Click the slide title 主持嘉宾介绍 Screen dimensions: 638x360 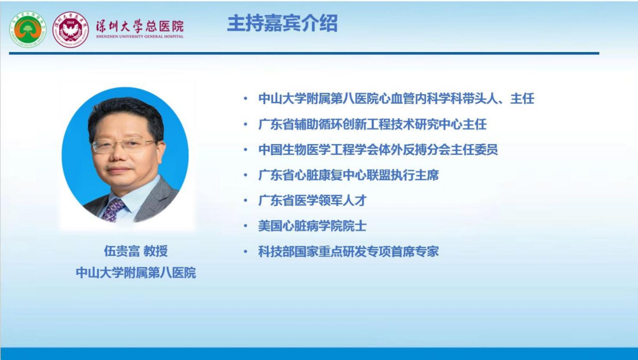[282, 23]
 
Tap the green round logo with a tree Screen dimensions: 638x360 [27, 29]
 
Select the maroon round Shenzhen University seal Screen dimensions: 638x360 [70, 29]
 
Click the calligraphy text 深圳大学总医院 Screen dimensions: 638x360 [139, 26]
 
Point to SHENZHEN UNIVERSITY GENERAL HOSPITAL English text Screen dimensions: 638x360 [139, 36]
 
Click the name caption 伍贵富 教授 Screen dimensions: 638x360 [135, 251]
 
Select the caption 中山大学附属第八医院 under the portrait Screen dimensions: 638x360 [135, 272]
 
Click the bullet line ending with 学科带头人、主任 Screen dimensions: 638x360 [396, 98]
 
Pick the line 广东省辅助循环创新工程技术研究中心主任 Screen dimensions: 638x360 [372, 124]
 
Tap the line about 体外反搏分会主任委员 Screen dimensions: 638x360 [378, 150]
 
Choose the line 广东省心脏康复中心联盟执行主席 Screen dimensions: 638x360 [348, 175]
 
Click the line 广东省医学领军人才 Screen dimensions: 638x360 [312, 200]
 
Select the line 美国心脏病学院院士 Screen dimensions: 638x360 [312, 226]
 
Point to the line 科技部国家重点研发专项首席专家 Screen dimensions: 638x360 [348, 251]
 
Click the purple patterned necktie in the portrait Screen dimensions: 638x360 [113, 209]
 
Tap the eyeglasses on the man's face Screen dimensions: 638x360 [125, 145]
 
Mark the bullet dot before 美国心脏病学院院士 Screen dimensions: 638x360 [246, 226]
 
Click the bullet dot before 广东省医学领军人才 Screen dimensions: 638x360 [246, 201]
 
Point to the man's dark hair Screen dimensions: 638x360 [125, 117]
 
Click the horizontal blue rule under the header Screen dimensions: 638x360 [304, 53]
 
